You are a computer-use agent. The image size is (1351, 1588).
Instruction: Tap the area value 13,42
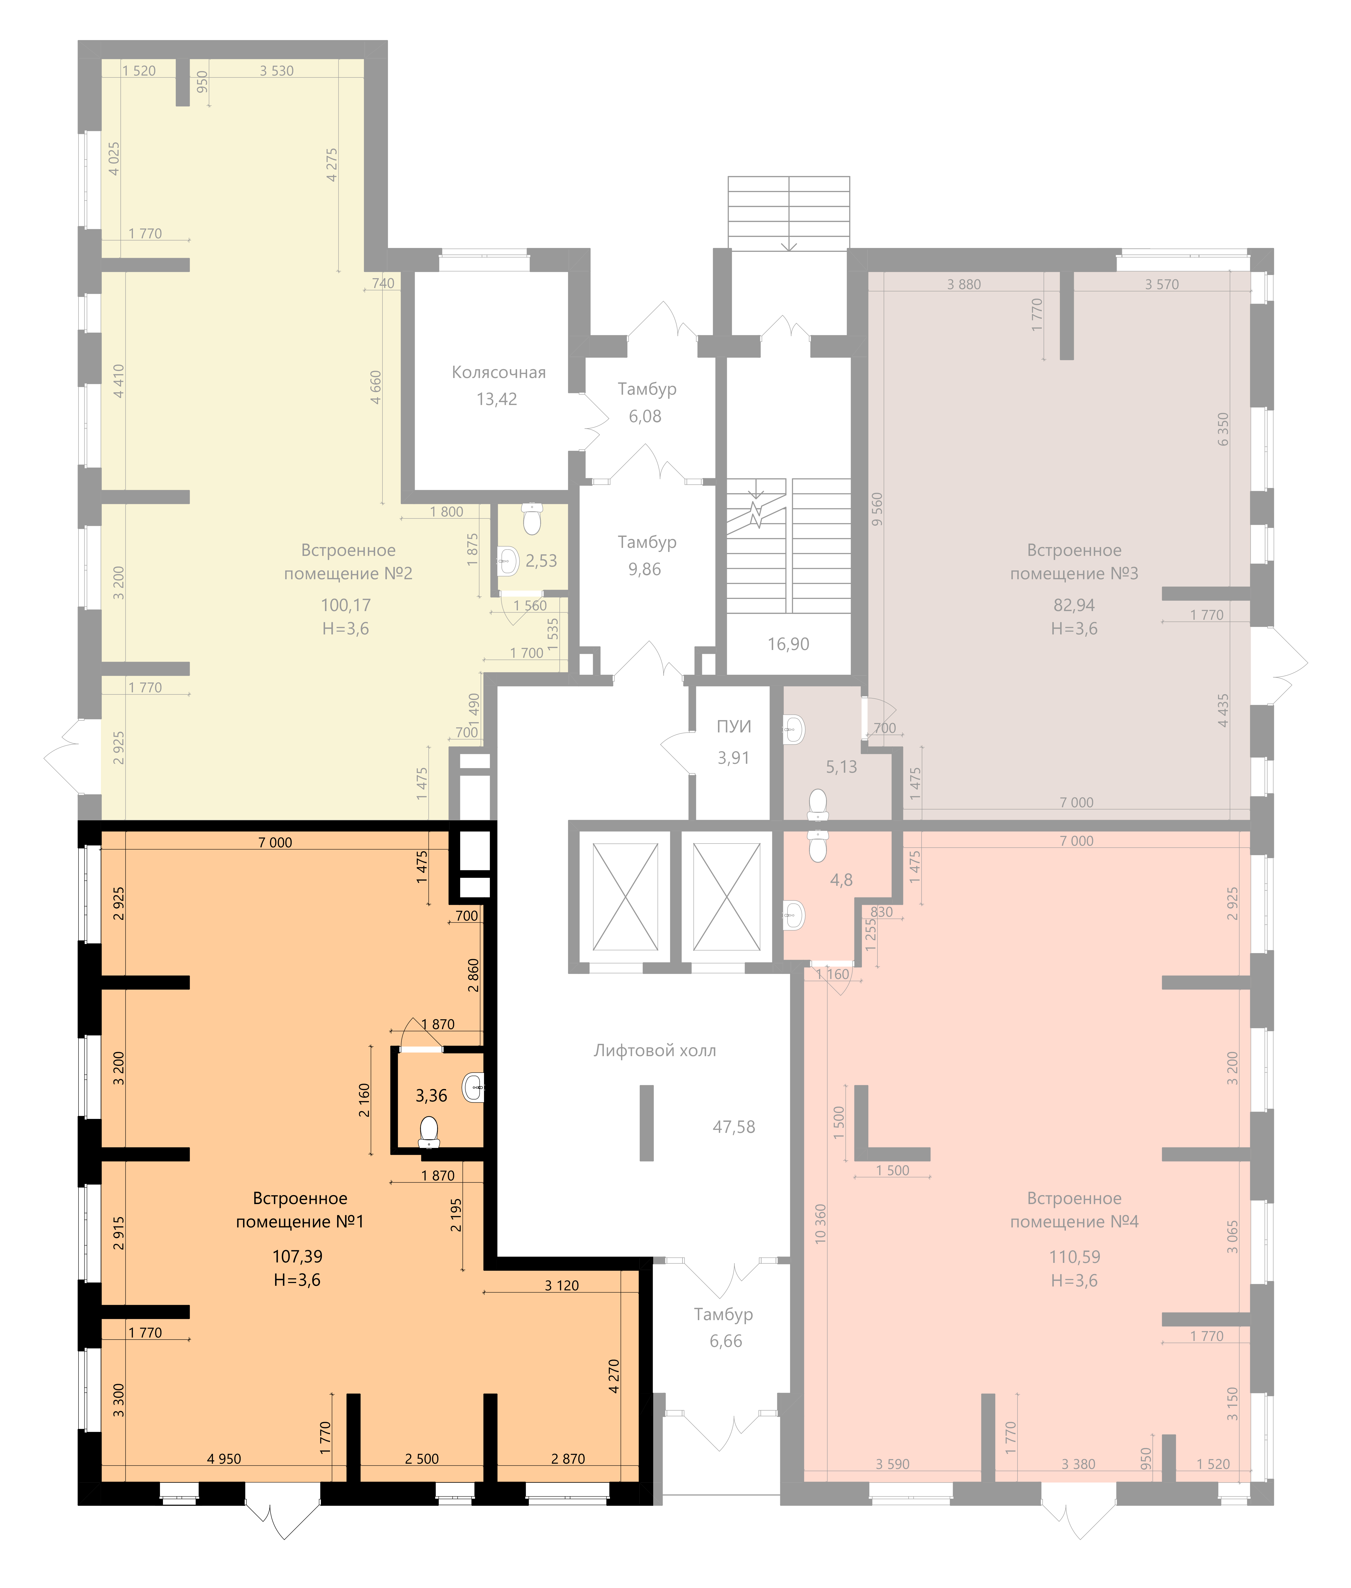[x=497, y=399]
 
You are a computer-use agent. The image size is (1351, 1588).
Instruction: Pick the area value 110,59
[x=1075, y=1257]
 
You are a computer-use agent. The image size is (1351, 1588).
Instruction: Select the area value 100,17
[x=345, y=605]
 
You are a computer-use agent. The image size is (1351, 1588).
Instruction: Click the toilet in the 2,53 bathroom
[x=531, y=519]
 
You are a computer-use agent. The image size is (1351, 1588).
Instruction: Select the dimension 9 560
[x=877, y=509]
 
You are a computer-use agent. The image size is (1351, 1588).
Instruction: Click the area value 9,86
[x=645, y=569]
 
